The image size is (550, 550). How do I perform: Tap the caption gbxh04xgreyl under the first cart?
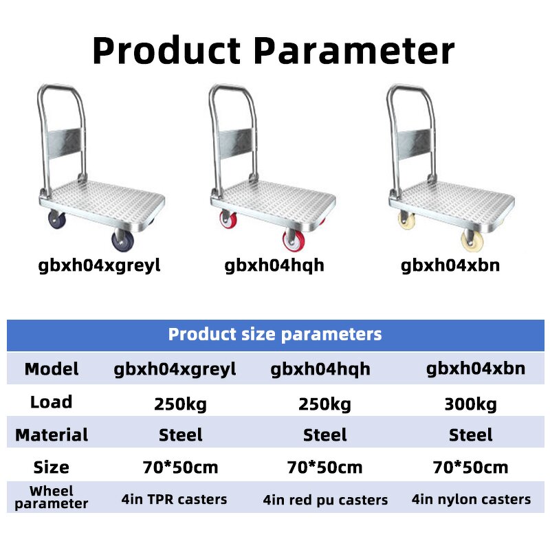pos(100,265)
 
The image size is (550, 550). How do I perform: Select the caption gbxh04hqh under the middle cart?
pos(274,265)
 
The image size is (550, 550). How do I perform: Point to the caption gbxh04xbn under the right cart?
pos(450,265)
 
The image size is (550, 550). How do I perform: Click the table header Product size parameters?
pos(275,335)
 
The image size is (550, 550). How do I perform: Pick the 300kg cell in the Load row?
pos(470,404)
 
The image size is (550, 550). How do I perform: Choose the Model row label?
pos(52,369)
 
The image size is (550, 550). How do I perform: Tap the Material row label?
pos(52,435)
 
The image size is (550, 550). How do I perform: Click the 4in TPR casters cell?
pos(174,499)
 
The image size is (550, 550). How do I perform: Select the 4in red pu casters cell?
pos(325,500)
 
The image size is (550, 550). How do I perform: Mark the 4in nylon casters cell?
pos(471,499)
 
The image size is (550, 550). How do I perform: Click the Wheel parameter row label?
pos(52,497)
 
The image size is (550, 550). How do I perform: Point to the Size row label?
pos(52,467)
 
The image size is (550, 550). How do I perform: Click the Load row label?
pos(52,401)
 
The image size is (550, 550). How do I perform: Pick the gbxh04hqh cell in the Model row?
pos(321,369)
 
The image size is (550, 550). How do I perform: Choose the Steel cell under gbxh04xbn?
pos(471,435)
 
